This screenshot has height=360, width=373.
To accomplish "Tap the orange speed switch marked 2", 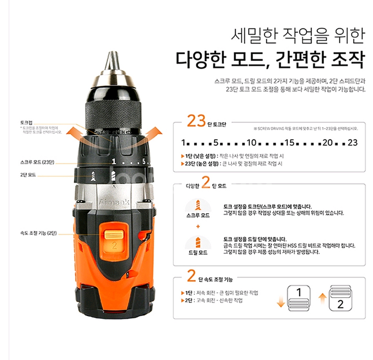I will click(113, 240).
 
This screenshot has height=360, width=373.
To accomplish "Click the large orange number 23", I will click(196, 121).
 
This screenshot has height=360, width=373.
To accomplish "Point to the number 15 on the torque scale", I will click(289, 143).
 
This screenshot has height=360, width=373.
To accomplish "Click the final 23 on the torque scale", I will click(353, 143).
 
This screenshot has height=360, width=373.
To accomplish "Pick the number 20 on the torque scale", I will click(328, 143).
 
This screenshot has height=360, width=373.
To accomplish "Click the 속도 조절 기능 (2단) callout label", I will click(39, 233).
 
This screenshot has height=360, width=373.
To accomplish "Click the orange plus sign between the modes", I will click(198, 226).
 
